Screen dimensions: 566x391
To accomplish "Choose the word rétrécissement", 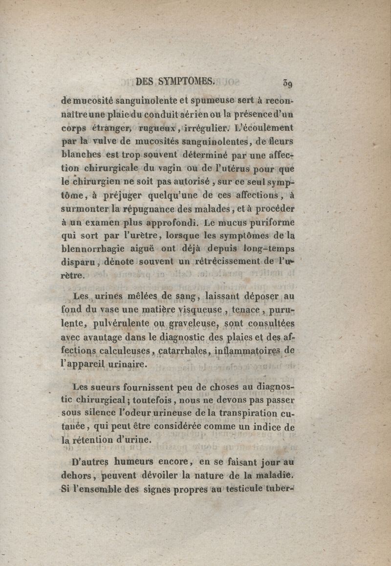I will [x=228, y=262].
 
